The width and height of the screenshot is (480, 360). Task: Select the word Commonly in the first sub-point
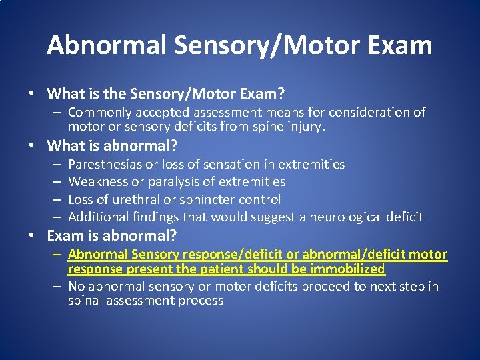point(97,113)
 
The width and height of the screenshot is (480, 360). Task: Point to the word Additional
point(97,217)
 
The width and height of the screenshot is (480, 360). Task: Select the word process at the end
point(201,301)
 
